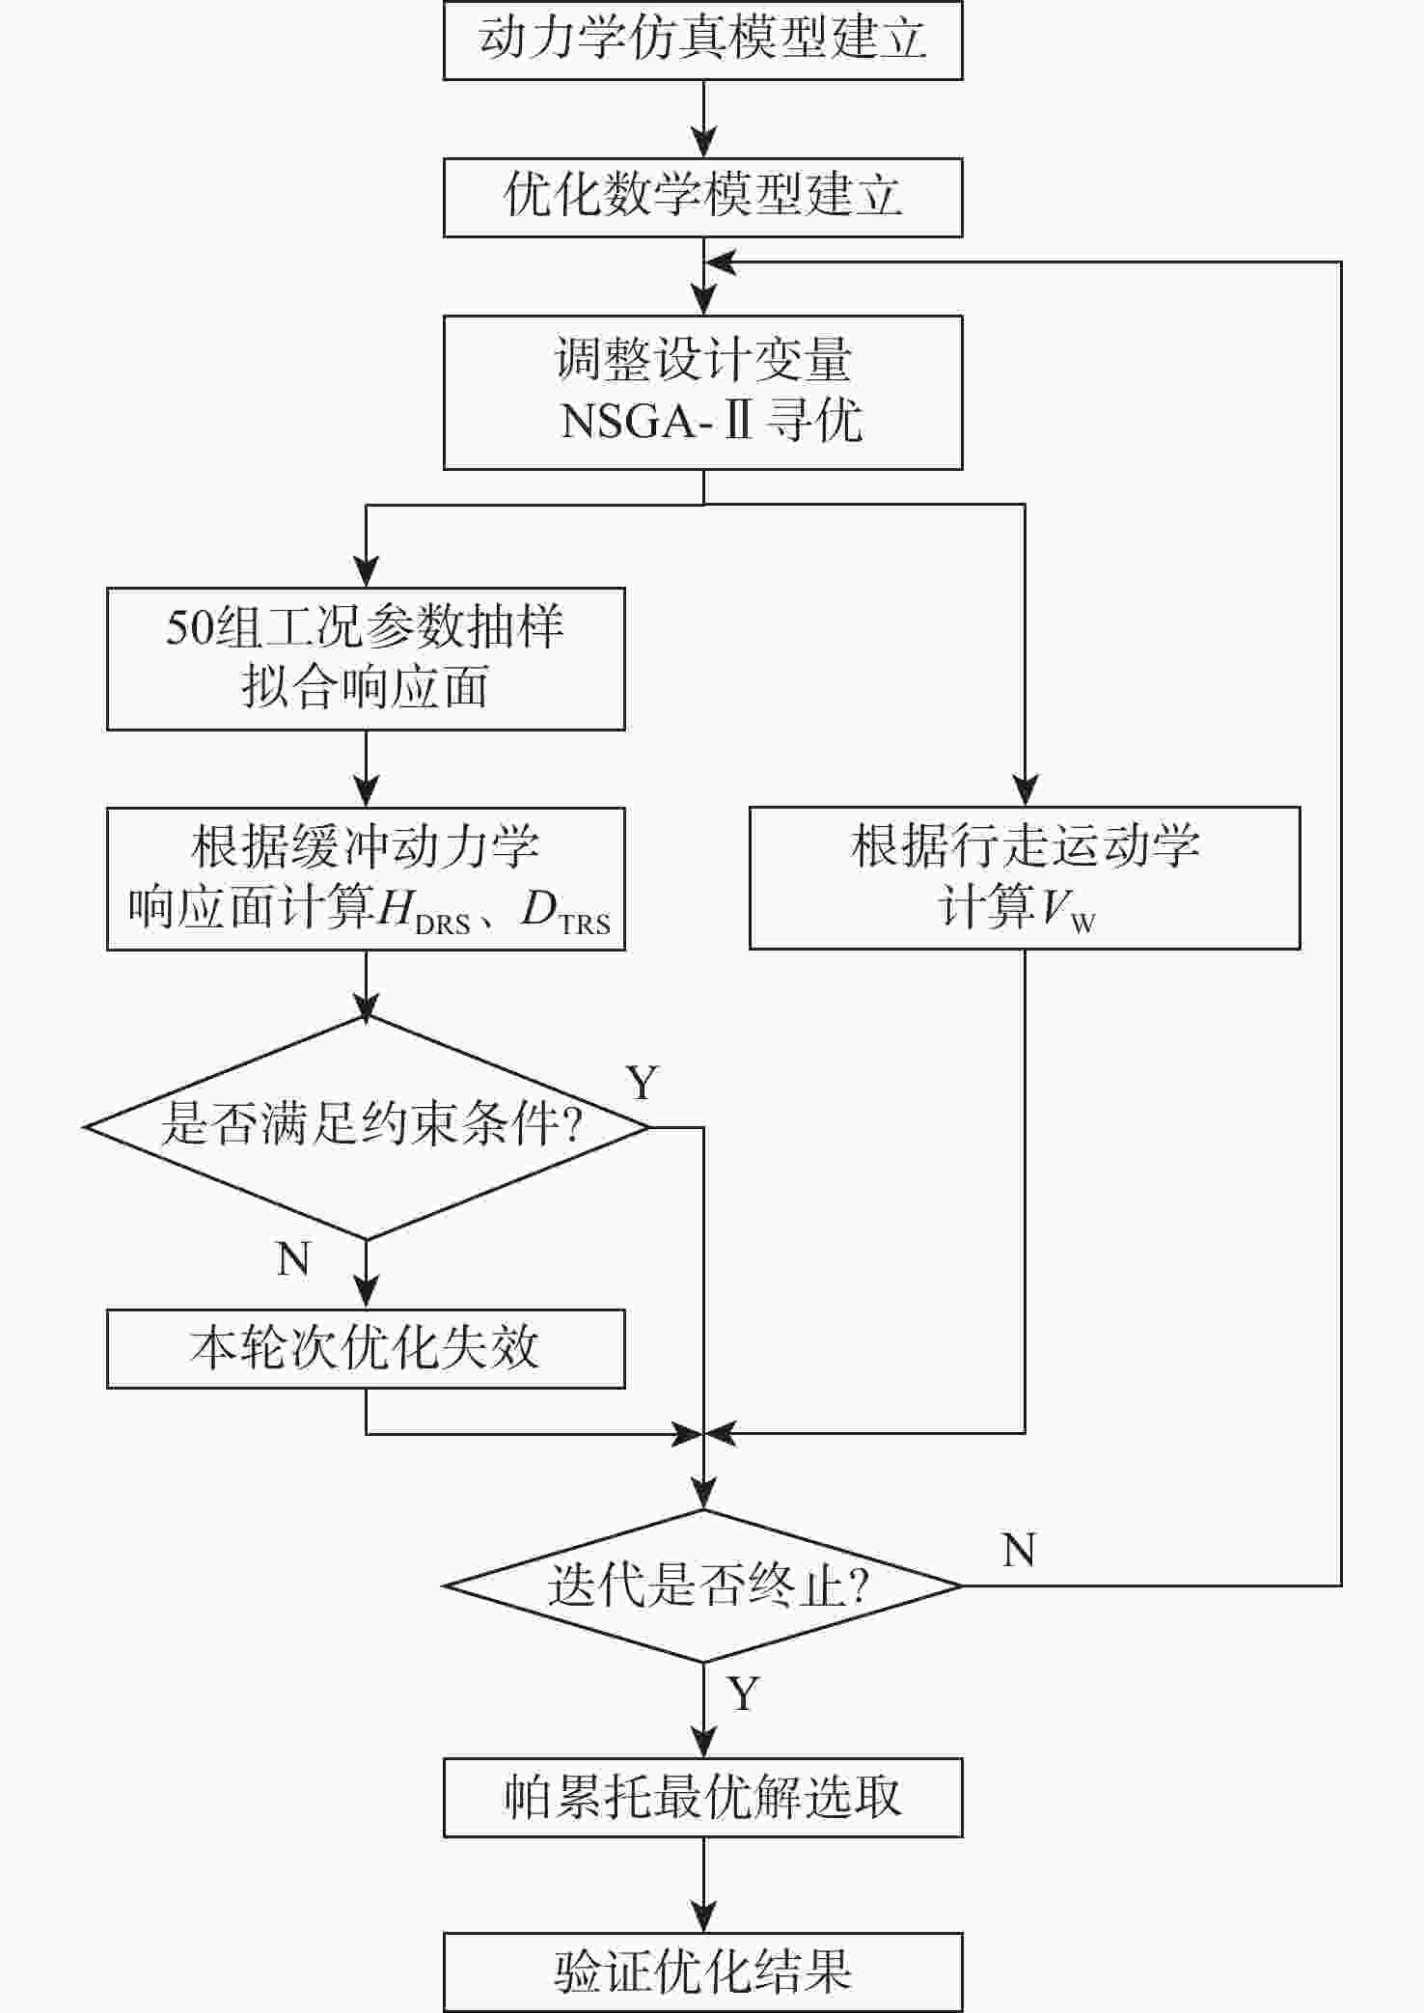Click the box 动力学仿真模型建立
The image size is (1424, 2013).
click(x=702, y=40)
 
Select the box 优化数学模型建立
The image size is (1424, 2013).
click(x=702, y=197)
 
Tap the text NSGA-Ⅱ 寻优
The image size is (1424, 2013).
click(x=712, y=421)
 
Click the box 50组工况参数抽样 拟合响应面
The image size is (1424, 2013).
click(x=366, y=658)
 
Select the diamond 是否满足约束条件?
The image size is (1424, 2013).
click(x=367, y=1127)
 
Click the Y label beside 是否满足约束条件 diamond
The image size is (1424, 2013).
click(x=643, y=1083)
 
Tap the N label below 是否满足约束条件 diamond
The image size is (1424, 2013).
click(x=294, y=1259)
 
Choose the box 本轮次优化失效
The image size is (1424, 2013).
click(x=366, y=1348)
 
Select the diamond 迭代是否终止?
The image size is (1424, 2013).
click(x=703, y=1586)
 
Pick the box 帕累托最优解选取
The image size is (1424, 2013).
click(x=702, y=1797)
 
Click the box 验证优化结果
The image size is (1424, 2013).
click(x=702, y=1972)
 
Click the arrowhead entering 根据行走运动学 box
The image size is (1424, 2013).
click(x=1025, y=790)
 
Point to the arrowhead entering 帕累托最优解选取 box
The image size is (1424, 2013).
click(x=703, y=1741)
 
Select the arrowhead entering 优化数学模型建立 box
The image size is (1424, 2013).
click(x=703, y=141)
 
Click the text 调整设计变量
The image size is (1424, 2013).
click(x=703, y=359)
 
